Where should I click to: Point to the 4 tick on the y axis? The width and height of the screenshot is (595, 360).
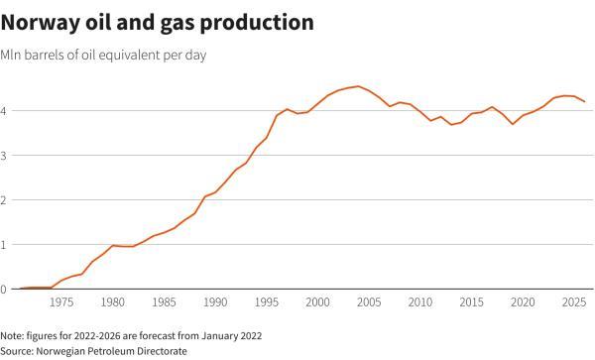(5, 110)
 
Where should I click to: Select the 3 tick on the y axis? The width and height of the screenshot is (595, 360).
(5, 155)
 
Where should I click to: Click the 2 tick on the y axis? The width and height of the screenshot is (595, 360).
(5, 199)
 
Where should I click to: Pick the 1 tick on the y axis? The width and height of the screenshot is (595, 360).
(5, 244)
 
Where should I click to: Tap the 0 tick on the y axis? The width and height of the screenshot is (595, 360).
(5, 289)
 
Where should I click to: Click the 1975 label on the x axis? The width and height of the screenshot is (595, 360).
(61, 302)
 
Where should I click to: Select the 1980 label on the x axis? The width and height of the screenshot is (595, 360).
(113, 302)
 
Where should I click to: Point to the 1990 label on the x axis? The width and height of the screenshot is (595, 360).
(215, 302)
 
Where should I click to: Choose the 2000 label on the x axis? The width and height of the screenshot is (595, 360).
(317, 302)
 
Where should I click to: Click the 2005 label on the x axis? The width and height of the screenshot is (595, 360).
(369, 302)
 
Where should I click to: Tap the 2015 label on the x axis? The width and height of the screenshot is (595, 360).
(471, 302)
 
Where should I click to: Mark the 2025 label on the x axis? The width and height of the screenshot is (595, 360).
(573, 302)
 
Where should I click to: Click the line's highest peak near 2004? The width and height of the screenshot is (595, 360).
(358, 86)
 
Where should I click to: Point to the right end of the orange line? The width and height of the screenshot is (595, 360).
(584, 101)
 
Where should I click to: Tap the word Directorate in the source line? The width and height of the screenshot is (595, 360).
(160, 350)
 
